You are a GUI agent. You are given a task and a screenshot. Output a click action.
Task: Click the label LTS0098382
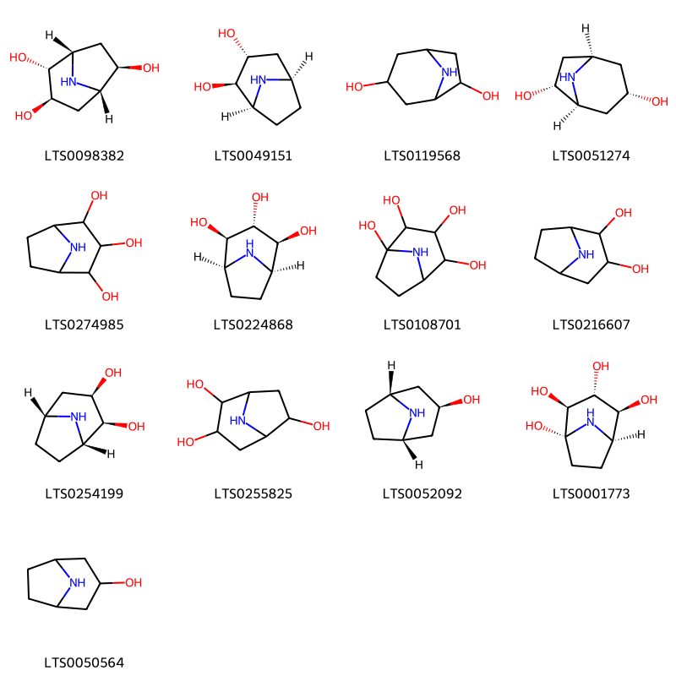pos(84,155)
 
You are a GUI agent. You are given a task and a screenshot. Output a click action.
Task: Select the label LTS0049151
pos(253,155)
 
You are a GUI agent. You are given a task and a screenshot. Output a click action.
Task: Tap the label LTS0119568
pos(422,155)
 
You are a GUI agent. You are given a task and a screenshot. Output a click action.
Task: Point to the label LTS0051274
pos(591,155)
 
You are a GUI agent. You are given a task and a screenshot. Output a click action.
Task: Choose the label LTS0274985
pos(84,324)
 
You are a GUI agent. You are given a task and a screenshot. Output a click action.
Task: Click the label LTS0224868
pos(253,324)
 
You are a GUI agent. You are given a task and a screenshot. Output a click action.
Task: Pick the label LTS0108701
pos(422,324)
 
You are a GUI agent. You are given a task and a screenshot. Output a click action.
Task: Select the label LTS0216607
pos(591,324)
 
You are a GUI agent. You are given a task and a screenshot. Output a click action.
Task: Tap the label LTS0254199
pos(84,493)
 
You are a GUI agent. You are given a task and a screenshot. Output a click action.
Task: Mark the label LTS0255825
pos(253,493)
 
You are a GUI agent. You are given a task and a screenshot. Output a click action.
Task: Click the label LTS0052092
pos(422,493)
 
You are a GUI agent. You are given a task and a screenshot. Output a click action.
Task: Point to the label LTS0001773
pos(591,493)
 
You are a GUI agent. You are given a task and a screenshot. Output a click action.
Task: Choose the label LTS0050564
pos(84,662)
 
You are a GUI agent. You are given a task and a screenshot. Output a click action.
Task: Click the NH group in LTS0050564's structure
pos(77,583)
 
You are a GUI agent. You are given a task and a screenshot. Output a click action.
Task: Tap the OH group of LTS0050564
pos(134,583)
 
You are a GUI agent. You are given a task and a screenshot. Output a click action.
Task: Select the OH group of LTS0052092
pos(471,400)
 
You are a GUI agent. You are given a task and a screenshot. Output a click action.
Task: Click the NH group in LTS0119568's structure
pos(449,73)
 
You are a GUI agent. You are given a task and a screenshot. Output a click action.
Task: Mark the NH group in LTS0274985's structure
pos(78,248)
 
